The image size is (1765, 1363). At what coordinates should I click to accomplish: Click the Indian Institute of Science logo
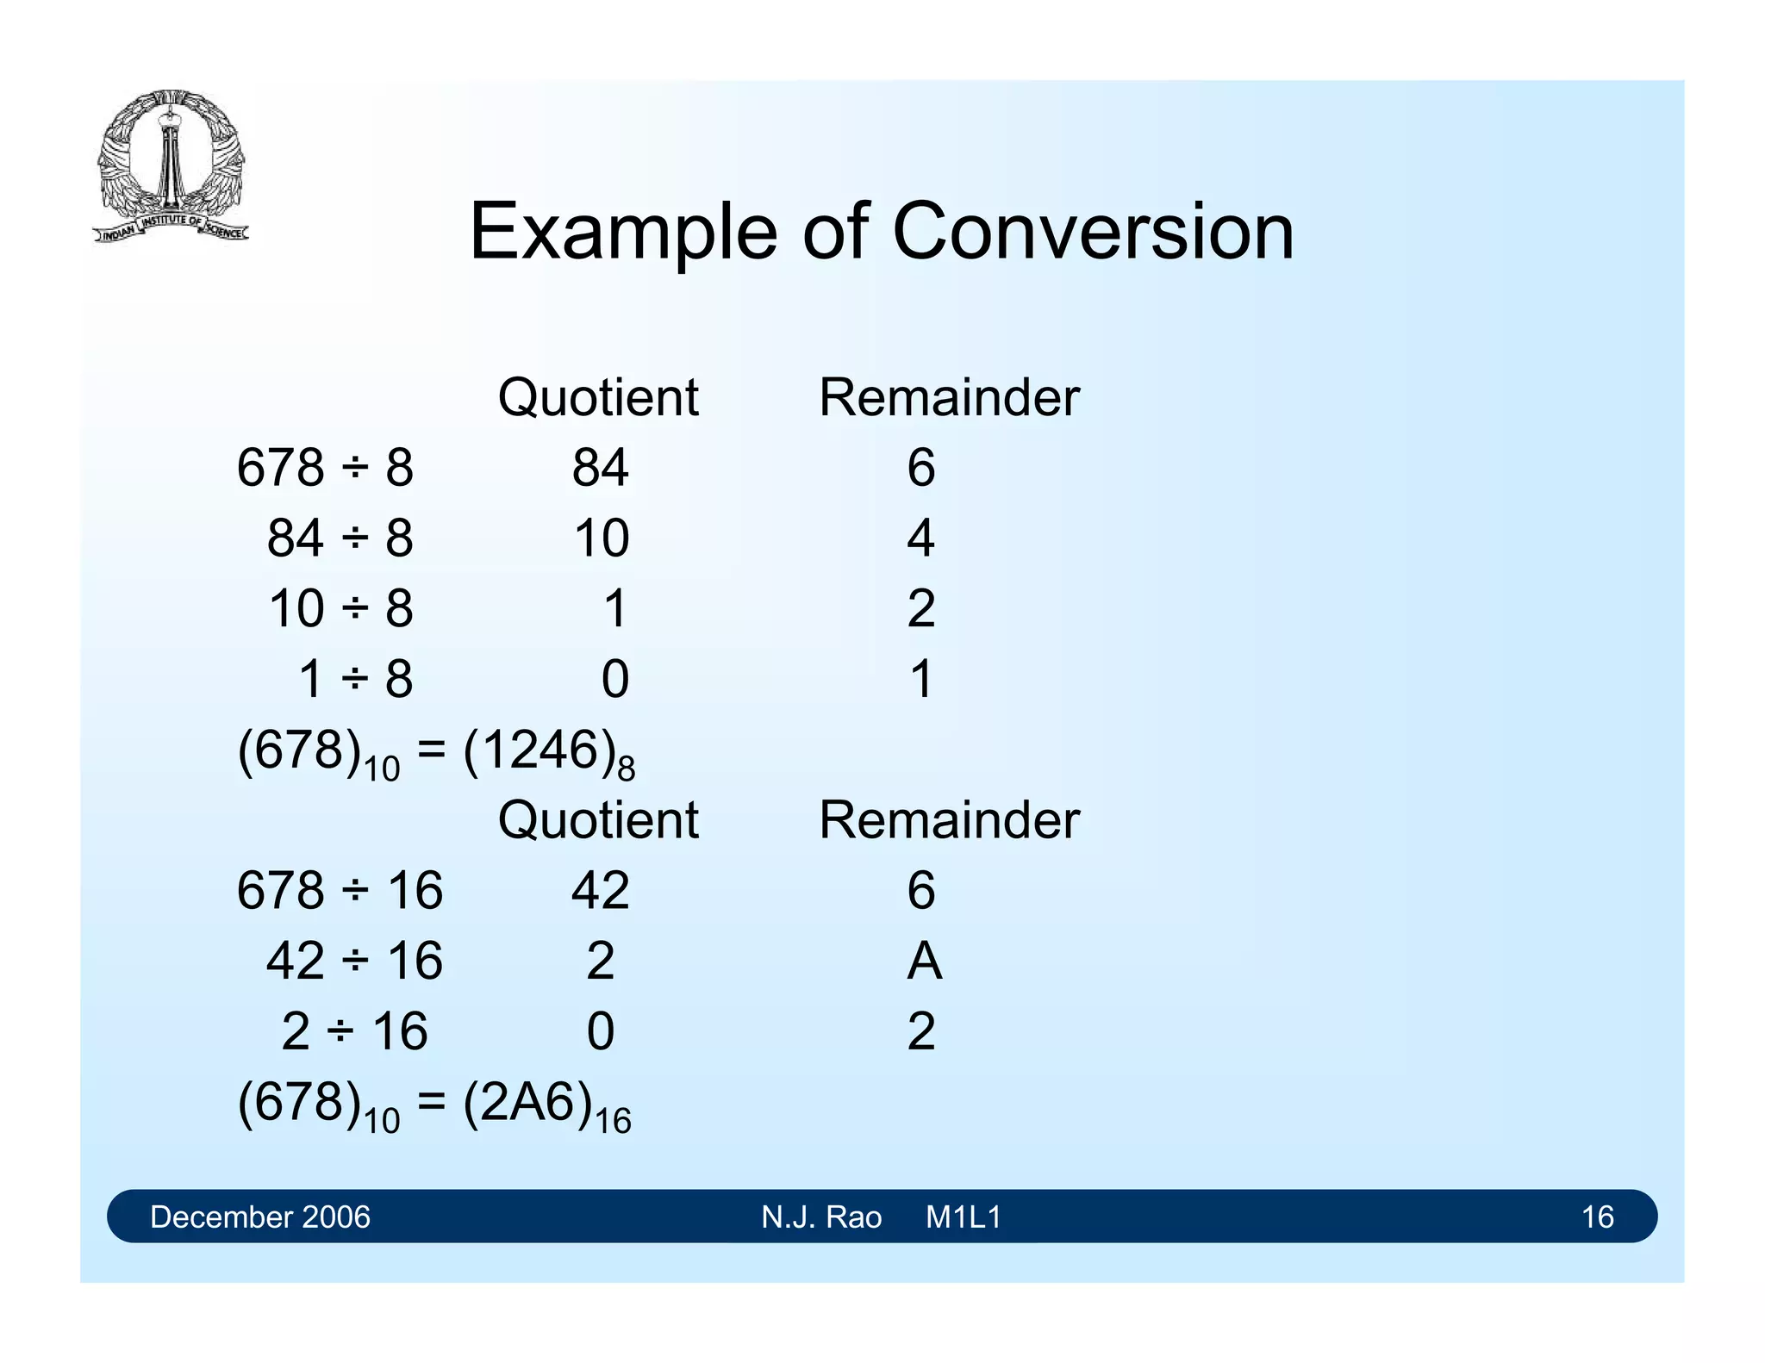click(x=171, y=166)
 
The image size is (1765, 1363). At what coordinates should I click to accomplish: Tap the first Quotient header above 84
click(x=597, y=397)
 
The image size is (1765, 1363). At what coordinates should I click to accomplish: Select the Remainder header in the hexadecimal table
click(x=948, y=819)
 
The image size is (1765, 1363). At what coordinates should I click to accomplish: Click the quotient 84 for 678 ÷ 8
click(x=600, y=468)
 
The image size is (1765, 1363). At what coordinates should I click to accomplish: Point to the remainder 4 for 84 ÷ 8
click(x=920, y=538)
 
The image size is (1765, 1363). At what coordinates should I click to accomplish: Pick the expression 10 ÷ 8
click(x=340, y=608)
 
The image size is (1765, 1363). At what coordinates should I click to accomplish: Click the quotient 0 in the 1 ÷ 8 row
click(x=614, y=679)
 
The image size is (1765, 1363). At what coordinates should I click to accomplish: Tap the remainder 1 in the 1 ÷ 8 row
click(x=920, y=679)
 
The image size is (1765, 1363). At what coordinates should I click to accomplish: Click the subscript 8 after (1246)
click(x=627, y=769)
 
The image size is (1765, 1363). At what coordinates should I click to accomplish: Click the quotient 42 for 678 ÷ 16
click(x=600, y=890)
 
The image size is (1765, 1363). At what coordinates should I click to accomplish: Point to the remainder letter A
click(x=924, y=961)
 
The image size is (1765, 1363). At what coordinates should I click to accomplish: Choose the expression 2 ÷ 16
click(x=354, y=1031)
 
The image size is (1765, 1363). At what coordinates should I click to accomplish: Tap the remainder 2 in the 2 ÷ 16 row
click(x=920, y=1031)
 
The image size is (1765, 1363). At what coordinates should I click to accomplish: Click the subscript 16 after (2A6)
click(x=613, y=1122)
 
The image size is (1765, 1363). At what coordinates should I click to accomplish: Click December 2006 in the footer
click(x=259, y=1217)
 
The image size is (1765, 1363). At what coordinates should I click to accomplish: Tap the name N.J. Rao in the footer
click(x=820, y=1217)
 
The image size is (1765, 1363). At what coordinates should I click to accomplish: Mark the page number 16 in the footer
click(x=1597, y=1217)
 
